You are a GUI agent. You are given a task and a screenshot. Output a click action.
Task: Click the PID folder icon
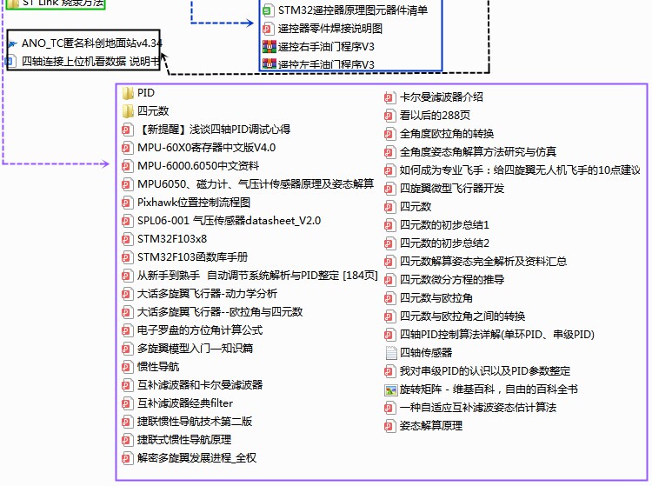click(x=127, y=92)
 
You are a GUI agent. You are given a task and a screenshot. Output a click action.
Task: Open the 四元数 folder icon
click(x=127, y=110)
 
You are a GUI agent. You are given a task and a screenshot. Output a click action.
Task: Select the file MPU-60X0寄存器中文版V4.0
click(x=206, y=147)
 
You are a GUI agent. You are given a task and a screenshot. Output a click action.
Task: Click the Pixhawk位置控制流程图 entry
click(x=193, y=202)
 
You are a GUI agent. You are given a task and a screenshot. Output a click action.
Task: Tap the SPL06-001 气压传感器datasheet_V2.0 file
click(x=229, y=220)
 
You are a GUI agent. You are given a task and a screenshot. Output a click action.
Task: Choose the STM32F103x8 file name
click(x=172, y=238)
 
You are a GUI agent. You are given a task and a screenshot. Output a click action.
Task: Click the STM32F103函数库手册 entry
click(x=192, y=256)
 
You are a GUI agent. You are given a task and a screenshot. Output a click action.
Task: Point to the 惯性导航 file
click(x=158, y=366)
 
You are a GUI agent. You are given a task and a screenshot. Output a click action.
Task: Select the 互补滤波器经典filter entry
click(x=185, y=403)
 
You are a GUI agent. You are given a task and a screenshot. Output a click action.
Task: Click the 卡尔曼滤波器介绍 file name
click(x=441, y=97)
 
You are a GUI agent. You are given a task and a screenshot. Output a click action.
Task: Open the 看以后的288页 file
click(x=435, y=115)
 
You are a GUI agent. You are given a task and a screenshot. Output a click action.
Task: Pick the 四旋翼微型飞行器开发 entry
click(x=451, y=188)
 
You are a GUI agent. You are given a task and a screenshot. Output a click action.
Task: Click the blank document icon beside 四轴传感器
click(x=390, y=353)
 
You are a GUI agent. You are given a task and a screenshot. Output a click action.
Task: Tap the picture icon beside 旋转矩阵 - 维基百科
click(x=390, y=389)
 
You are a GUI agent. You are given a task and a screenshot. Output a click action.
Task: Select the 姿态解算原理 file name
click(x=430, y=425)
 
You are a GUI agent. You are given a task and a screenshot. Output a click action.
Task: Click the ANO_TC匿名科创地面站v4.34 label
click(x=90, y=43)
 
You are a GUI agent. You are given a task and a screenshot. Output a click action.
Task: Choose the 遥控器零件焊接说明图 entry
click(x=329, y=28)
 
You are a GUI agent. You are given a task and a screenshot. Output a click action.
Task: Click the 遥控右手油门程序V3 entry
click(x=326, y=46)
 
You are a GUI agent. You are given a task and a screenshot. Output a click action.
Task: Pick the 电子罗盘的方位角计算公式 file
click(x=199, y=330)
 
